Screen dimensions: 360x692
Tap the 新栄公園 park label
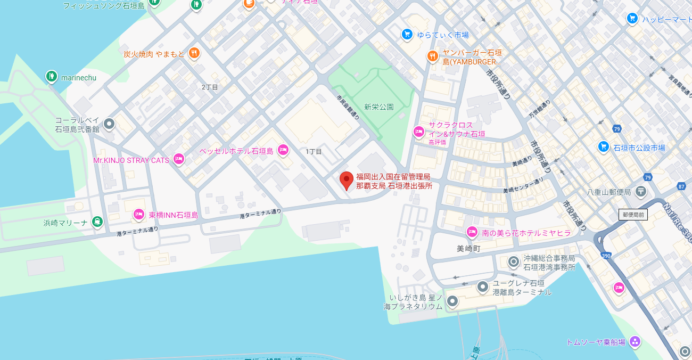tap(379, 107)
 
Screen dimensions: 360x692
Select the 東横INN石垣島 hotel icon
tap(139, 215)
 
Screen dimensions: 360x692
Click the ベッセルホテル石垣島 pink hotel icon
tap(283, 150)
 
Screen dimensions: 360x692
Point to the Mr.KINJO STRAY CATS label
tap(131, 160)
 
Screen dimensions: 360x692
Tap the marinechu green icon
tap(51, 77)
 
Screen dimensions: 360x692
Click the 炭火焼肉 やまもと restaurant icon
tap(194, 53)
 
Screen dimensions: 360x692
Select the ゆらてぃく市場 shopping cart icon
tap(407, 35)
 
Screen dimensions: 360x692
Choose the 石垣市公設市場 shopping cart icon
tap(603, 146)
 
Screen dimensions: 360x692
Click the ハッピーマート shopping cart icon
tap(632, 19)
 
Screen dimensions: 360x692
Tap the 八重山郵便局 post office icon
tap(641, 191)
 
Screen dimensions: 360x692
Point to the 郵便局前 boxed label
tap(633, 215)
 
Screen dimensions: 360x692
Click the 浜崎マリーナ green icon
tap(97, 222)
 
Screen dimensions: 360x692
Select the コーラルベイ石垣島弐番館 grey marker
tap(109, 124)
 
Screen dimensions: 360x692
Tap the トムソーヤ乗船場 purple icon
tap(635, 341)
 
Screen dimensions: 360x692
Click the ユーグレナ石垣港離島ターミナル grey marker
tap(483, 287)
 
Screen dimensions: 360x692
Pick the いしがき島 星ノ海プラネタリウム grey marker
tap(452, 301)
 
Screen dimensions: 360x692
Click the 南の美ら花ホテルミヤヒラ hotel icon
tap(472, 232)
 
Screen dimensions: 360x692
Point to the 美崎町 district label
tap(468, 248)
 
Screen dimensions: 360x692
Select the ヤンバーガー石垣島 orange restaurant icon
tap(432, 56)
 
